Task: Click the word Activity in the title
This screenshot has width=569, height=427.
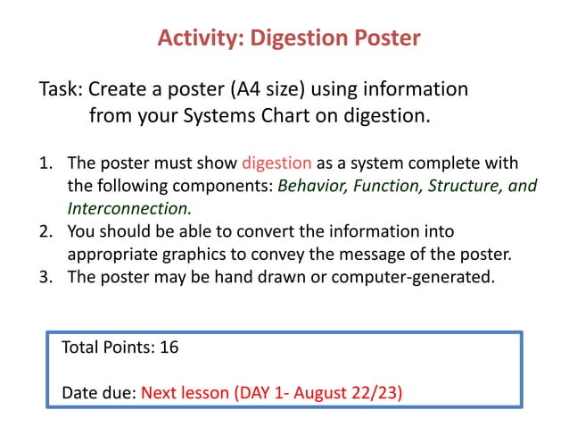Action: [x=199, y=38]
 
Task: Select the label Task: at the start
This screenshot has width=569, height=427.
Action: [x=61, y=90]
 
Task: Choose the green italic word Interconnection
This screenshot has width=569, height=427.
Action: [x=129, y=209]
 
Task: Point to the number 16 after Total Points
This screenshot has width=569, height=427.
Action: [x=169, y=347]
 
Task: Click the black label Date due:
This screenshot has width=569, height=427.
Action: [x=99, y=392]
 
